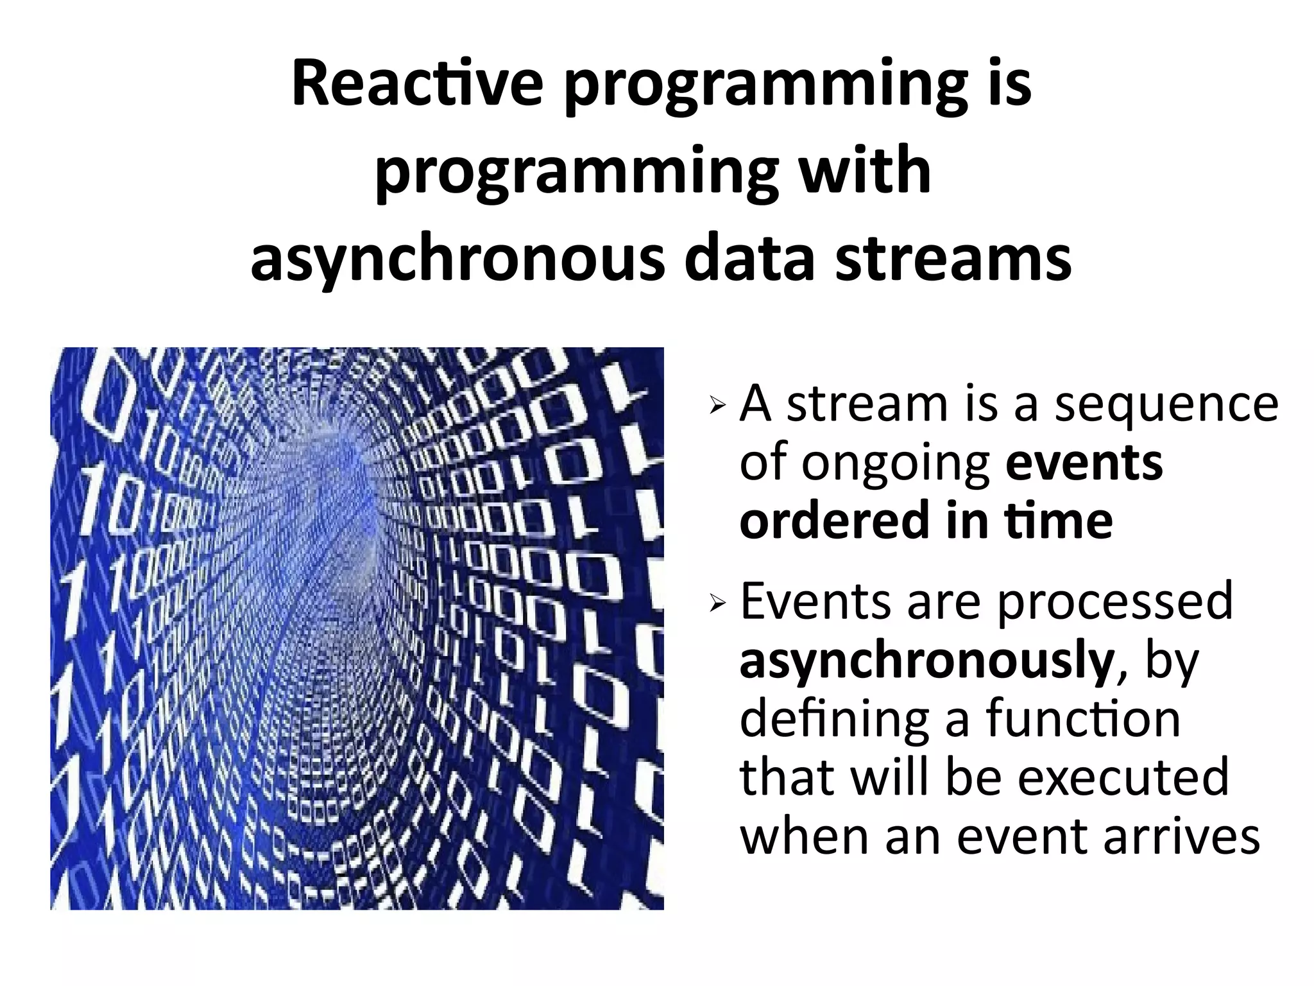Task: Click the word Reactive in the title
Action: click(x=417, y=85)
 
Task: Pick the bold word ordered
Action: click(x=835, y=521)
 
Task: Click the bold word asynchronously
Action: click(x=926, y=661)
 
